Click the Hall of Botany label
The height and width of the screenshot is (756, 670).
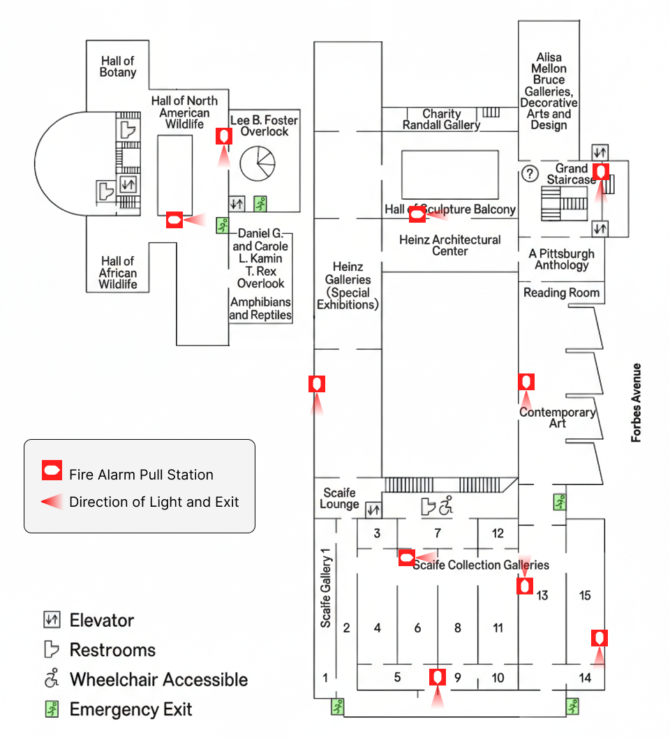click(x=118, y=67)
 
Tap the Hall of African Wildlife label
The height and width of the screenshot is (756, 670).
click(x=118, y=273)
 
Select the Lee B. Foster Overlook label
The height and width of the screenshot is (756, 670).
click(x=265, y=126)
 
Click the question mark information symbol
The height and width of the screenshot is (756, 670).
click(x=530, y=172)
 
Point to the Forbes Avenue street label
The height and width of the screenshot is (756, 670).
click(x=636, y=403)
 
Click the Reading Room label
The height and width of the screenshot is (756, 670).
click(x=561, y=292)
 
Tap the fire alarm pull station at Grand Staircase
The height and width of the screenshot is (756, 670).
click(x=601, y=171)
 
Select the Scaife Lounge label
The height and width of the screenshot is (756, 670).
click(x=340, y=498)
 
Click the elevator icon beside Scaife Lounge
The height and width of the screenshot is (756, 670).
click(x=373, y=510)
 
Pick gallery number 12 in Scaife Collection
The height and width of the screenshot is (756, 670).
click(x=498, y=534)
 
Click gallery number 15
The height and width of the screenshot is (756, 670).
click(x=585, y=595)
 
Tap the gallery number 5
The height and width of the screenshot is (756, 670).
click(x=397, y=677)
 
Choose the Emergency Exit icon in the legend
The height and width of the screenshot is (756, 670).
click(x=51, y=710)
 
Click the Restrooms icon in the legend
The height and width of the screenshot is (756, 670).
click(x=51, y=650)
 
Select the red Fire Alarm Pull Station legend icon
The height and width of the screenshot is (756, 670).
click(x=52, y=471)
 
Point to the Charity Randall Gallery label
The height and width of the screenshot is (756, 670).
click(x=442, y=119)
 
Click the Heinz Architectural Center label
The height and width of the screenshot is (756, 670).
click(x=450, y=245)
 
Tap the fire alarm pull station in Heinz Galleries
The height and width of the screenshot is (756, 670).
click(x=317, y=383)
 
